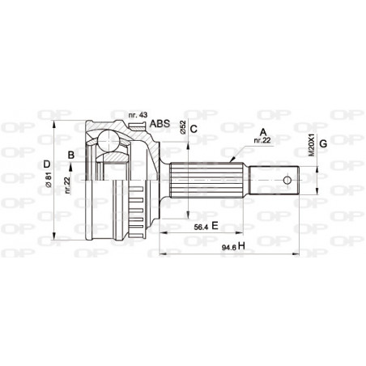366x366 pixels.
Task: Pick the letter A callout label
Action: pyautogui.click(x=262, y=131)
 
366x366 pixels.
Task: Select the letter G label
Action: pyautogui.click(x=324, y=144)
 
